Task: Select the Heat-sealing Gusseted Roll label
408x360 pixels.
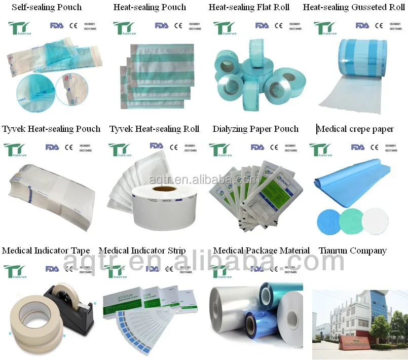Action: [354, 8]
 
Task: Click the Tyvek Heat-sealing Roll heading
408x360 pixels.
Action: [154, 129]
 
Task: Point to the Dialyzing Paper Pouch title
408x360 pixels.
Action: [255, 129]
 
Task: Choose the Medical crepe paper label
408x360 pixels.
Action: [355, 129]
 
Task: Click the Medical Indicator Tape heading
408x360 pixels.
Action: [46, 251]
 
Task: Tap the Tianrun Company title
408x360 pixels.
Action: [353, 251]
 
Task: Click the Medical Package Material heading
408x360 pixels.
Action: [261, 251]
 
